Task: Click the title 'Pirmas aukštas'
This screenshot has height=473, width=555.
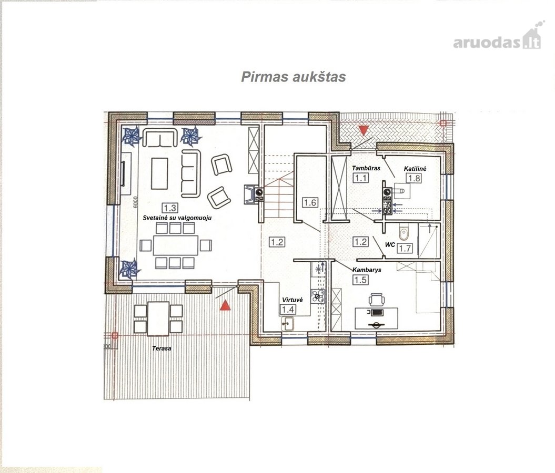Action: click(x=293, y=77)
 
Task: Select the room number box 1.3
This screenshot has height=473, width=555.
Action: click(x=169, y=208)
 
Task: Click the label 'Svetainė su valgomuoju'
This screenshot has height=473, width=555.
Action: click(x=177, y=218)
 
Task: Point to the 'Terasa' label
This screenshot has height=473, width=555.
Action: click(x=162, y=348)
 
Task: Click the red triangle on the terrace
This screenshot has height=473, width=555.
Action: click(x=225, y=305)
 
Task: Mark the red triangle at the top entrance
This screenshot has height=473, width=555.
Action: click(x=364, y=130)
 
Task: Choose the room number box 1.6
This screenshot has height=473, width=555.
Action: click(x=310, y=202)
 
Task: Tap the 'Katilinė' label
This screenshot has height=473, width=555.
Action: click(x=415, y=169)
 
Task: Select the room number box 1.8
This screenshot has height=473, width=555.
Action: click(x=414, y=178)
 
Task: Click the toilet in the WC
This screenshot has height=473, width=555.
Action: click(x=404, y=232)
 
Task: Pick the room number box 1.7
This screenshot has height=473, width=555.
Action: click(x=405, y=249)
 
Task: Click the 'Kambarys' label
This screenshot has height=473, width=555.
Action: click(x=367, y=270)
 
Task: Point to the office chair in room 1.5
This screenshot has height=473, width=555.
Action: click(x=377, y=299)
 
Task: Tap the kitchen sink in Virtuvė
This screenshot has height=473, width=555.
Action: click(x=287, y=323)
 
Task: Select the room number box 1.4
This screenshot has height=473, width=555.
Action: click(x=288, y=310)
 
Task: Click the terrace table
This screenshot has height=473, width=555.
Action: click(x=158, y=318)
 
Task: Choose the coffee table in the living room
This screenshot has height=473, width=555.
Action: click(x=159, y=173)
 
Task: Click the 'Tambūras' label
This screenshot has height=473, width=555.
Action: click(x=366, y=168)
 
